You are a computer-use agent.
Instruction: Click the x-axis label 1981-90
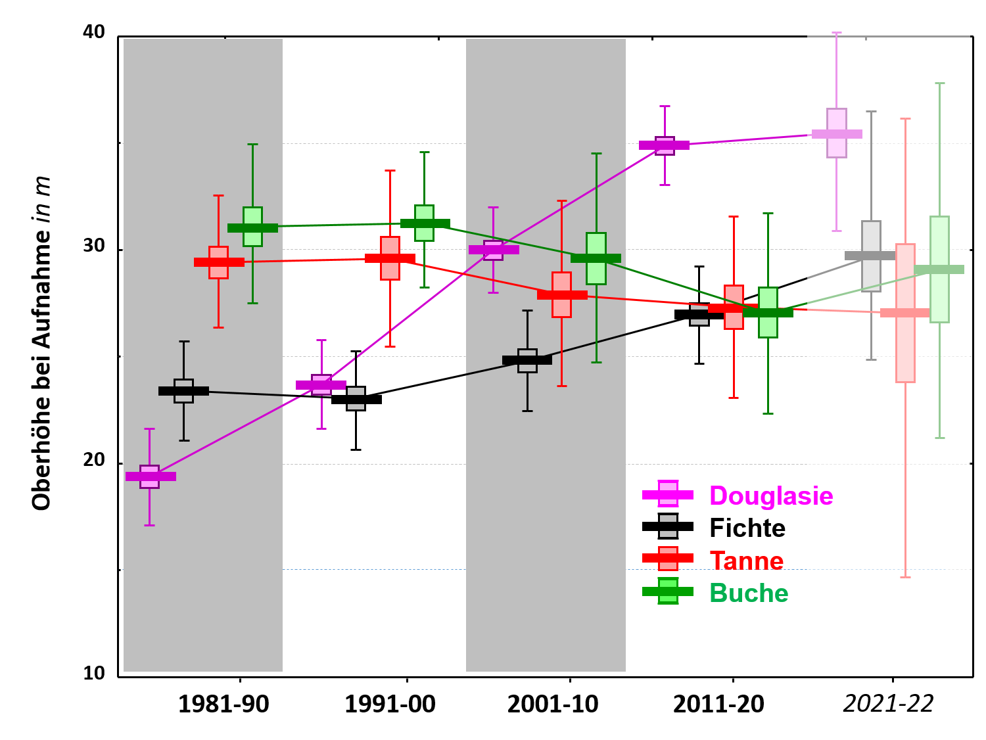pyautogui.click(x=223, y=705)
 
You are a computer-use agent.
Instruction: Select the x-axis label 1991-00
pyautogui.click(x=390, y=705)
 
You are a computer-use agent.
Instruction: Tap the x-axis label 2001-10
pyautogui.click(x=553, y=705)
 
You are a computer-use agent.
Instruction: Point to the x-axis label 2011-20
pyautogui.click(x=718, y=705)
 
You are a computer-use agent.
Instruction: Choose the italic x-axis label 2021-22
pyautogui.click(x=888, y=704)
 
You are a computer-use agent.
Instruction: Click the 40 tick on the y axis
pyautogui.click(x=94, y=32)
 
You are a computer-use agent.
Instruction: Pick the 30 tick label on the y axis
pyautogui.click(x=94, y=246)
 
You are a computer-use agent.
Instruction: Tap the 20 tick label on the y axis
pyautogui.click(x=94, y=459)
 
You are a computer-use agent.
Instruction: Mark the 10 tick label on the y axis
pyautogui.click(x=94, y=673)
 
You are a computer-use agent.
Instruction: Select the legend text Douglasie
pyautogui.click(x=771, y=496)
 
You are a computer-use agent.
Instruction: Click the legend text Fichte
pyautogui.click(x=747, y=528)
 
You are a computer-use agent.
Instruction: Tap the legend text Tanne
pyautogui.click(x=747, y=561)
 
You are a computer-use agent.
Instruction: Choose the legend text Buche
pyautogui.click(x=749, y=593)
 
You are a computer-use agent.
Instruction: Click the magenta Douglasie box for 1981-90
pyautogui.click(x=150, y=476)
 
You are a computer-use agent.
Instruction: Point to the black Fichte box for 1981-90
pyautogui.click(x=184, y=391)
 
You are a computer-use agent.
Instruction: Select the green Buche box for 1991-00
pyautogui.click(x=425, y=223)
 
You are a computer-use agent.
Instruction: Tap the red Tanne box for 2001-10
pyautogui.click(x=562, y=294)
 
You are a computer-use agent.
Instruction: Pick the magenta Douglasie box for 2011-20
pyautogui.click(x=665, y=145)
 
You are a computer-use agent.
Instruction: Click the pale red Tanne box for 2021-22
pyautogui.click(x=905, y=313)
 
